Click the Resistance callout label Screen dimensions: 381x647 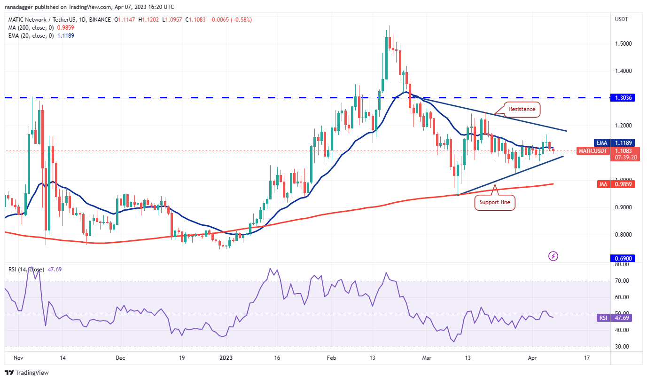[x=522, y=109]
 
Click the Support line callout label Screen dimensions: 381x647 [x=495, y=203]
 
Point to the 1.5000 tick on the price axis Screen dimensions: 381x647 [x=623, y=44]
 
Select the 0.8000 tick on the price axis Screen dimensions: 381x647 [x=623, y=235]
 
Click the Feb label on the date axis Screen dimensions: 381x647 [x=331, y=358]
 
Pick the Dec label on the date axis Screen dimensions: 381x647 [x=120, y=358]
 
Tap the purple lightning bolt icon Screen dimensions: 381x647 [x=553, y=256]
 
